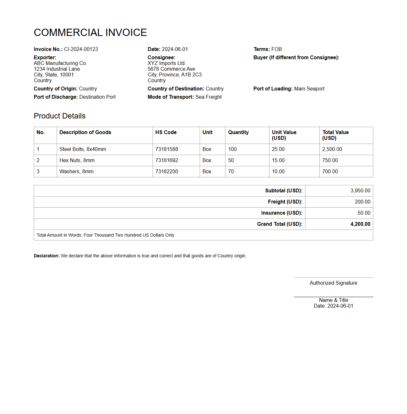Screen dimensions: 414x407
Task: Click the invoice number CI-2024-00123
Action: click(x=81, y=49)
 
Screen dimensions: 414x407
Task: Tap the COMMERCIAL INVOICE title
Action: click(x=90, y=32)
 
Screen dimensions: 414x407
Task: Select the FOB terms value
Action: click(x=276, y=49)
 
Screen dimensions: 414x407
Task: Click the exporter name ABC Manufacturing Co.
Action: click(x=60, y=63)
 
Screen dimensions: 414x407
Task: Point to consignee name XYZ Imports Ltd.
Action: click(x=167, y=63)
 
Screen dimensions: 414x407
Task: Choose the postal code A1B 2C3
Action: click(x=191, y=75)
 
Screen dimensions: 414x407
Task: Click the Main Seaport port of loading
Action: click(x=309, y=89)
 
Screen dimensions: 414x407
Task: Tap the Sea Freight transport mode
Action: click(x=208, y=97)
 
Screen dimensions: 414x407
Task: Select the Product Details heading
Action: click(x=60, y=116)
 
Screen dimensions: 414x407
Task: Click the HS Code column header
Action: click(x=166, y=132)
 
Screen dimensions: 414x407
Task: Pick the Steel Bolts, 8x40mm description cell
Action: click(x=83, y=149)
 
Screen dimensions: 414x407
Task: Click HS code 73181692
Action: click(x=167, y=160)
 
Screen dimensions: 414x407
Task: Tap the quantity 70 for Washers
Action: click(x=231, y=171)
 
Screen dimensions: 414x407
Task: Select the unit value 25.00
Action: click(x=278, y=149)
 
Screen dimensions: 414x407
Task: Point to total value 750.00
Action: click(x=330, y=160)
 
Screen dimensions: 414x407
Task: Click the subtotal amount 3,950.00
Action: click(x=360, y=190)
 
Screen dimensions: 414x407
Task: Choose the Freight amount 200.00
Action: click(x=362, y=202)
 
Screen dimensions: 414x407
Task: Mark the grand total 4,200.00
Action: click(x=360, y=224)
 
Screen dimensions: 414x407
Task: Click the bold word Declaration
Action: click(x=46, y=256)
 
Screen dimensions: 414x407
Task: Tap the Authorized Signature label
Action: click(x=333, y=283)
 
